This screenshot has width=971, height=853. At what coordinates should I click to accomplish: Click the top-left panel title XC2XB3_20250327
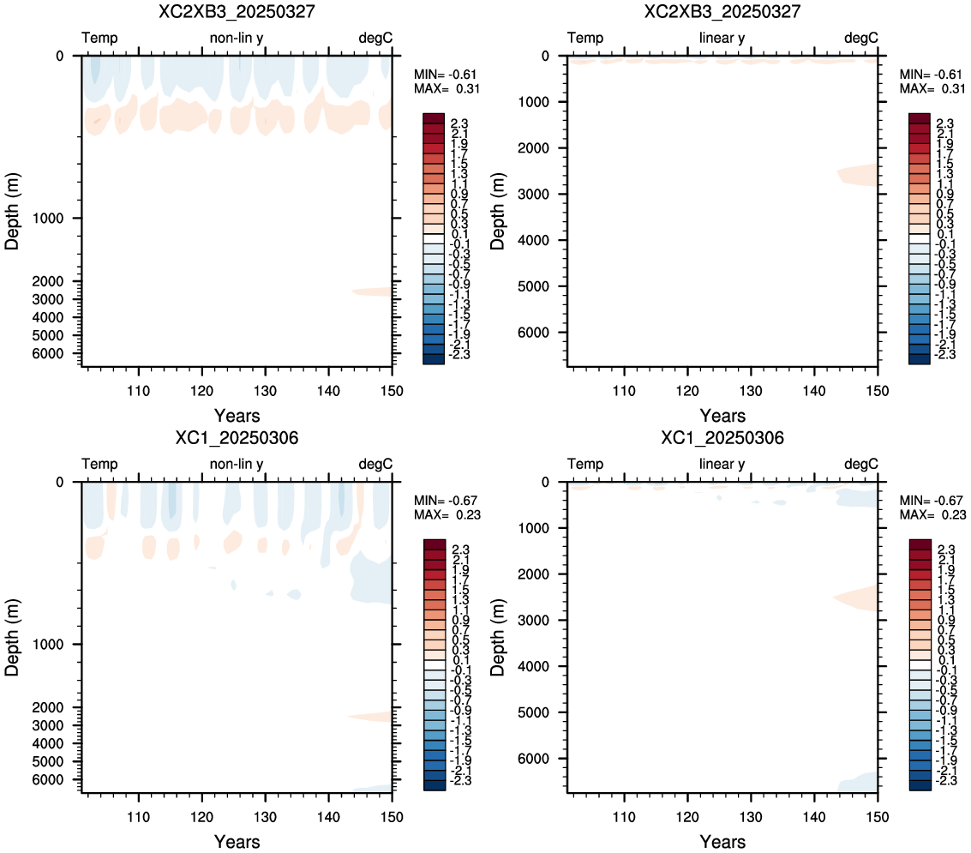[x=237, y=12]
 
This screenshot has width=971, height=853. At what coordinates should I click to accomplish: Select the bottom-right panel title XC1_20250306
[x=722, y=438]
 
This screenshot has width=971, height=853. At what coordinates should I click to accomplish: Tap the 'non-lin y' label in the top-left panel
[x=237, y=39]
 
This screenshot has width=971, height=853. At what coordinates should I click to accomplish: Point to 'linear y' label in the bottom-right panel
[x=722, y=465]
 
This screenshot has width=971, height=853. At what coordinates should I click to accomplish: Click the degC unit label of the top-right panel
[x=860, y=39]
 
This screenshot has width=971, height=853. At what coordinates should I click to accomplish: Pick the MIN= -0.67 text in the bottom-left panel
[x=446, y=501]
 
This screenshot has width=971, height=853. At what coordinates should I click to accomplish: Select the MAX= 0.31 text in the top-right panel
[x=932, y=88]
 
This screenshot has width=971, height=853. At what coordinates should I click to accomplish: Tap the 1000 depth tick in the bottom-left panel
[x=48, y=644]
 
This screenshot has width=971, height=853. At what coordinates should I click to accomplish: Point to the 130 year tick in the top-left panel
[x=265, y=391]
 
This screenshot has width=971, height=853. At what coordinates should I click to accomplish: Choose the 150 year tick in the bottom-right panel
[x=877, y=817]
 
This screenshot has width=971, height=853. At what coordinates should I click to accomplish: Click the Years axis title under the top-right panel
[x=722, y=416]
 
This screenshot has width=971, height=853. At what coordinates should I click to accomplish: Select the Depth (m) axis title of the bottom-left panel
[x=12, y=638]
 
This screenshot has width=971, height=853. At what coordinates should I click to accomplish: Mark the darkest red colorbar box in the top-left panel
[x=434, y=118]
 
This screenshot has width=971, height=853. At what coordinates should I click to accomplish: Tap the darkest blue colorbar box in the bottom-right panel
[x=920, y=785]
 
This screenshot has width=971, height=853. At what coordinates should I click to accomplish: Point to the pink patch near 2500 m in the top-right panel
[x=859, y=175]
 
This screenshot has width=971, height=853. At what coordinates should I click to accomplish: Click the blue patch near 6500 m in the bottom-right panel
[x=859, y=782]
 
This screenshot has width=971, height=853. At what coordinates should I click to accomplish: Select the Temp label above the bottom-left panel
[x=99, y=464]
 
